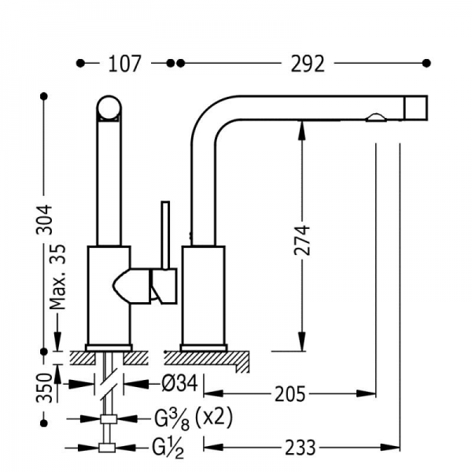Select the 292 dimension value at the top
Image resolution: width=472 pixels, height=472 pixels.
[306, 63]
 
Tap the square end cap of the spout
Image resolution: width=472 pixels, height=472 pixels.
[415, 107]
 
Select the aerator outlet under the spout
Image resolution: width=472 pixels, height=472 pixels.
[376, 119]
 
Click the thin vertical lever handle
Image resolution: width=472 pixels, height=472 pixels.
[165, 236]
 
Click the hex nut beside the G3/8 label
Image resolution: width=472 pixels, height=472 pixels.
[109, 418]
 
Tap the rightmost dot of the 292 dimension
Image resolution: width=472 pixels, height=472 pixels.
[427, 63]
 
